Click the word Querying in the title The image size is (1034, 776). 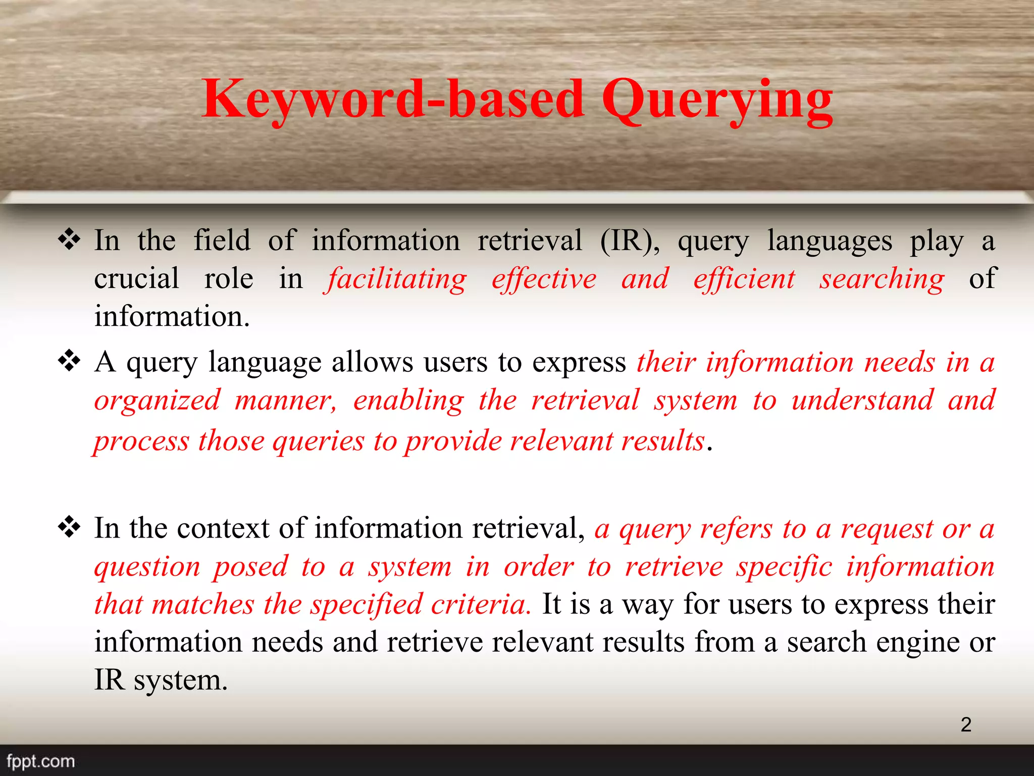pos(717,101)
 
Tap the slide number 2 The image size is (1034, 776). pos(966,724)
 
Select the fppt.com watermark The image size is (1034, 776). pos(40,761)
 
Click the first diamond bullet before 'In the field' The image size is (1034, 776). pos(69,239)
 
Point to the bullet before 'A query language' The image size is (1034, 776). pos(69,361)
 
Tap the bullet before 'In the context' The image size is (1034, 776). pos(69,528)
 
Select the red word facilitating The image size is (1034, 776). pos(397,279)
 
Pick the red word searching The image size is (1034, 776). pos(882,279)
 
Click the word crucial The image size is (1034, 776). pos(136,278)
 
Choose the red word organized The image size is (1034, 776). pos(158,401)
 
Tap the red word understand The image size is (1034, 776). pos(862,401)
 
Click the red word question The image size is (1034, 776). pos(147,567)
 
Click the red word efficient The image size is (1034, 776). pos(744,279)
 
